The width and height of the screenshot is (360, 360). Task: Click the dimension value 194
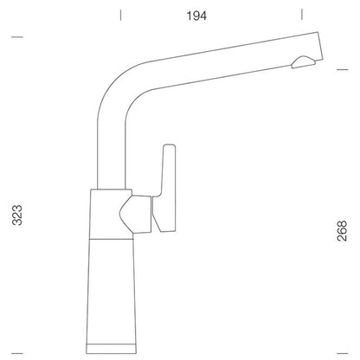tap(196, 16)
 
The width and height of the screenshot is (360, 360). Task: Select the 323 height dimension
tap(17, 215)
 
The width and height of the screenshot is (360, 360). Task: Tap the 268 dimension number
tap(342, 231)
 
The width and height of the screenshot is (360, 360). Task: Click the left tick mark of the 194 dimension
tap(120, 15)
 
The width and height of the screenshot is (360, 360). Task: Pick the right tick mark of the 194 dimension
tap(302, 14)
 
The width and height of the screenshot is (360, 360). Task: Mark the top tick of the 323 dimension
tap(17, 37)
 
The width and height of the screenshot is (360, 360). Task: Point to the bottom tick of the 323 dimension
tap(17, 353)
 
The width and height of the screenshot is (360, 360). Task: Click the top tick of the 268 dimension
tap(343, 69)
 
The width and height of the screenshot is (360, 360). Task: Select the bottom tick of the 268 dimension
tap(343, 353)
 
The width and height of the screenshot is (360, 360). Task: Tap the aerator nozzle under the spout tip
tap(303, 62)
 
